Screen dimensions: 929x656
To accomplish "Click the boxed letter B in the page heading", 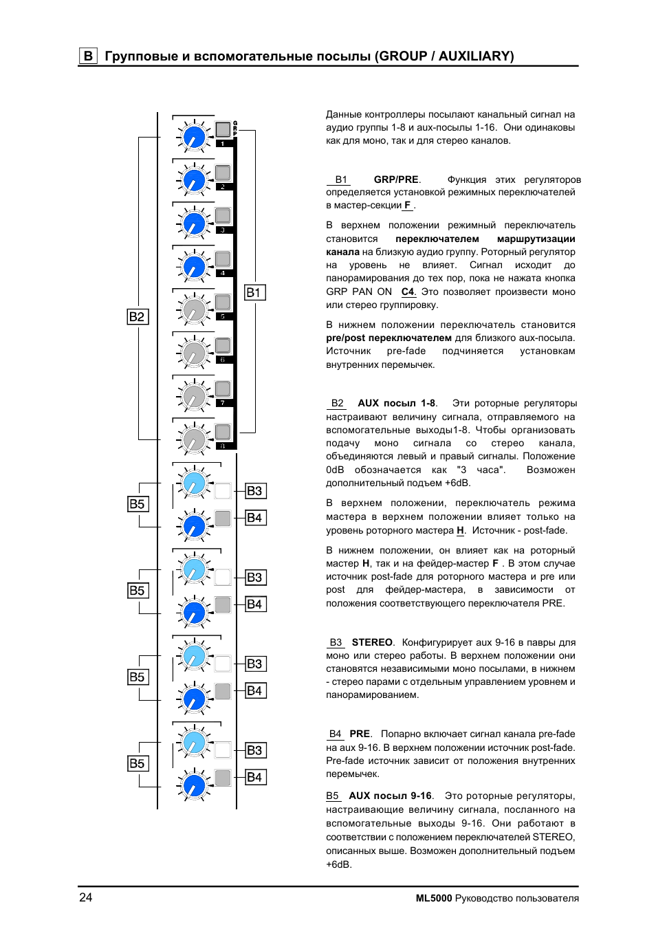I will [88, 56].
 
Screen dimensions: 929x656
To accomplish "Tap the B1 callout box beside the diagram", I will [254, 292].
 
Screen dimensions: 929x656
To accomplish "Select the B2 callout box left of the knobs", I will [137, 316].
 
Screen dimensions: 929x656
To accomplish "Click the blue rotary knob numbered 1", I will [195, 137].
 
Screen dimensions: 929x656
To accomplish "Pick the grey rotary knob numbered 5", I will [195, 309].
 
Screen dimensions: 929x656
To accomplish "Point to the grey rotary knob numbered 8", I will [195, 439].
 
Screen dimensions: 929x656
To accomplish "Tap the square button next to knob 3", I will [223, 215].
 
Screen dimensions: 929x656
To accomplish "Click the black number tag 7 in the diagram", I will [223, 403].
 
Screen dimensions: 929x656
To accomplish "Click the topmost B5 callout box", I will [138, 504].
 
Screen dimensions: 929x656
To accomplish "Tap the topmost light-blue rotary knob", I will [195, 483].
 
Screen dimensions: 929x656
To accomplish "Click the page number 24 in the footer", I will [86, 897].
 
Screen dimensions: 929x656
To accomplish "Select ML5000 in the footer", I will [434, 898].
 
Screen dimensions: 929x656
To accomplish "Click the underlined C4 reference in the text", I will [408, 292].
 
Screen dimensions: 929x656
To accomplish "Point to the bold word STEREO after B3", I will [372, 642].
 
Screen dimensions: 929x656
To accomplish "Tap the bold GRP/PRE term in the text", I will [396, 179].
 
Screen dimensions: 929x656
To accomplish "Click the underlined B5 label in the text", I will [333, 796].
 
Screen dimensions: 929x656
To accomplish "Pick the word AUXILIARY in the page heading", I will [476, 56].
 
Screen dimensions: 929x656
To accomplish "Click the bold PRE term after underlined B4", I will [360, 734].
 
